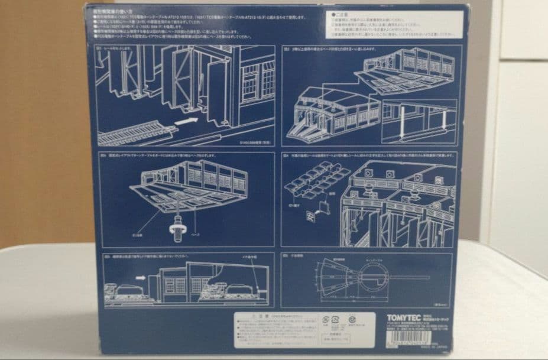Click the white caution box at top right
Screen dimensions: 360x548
tap(392, 23)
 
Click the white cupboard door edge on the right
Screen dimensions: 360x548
tap(497, 148)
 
